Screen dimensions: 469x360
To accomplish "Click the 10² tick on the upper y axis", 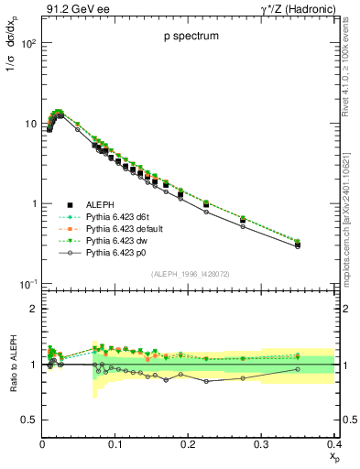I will (27, 43).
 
